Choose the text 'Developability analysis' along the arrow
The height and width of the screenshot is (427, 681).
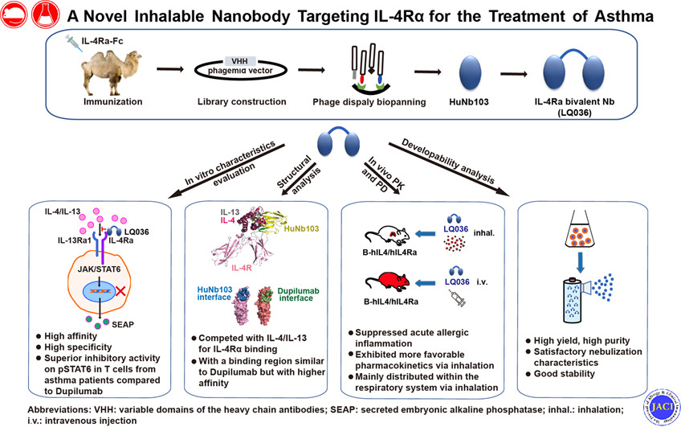(x=450, y=157)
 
